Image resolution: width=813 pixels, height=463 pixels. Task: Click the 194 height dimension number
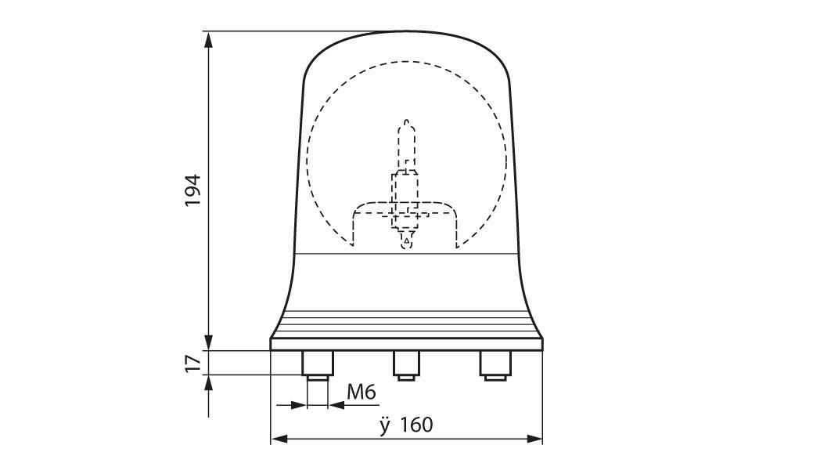pyautogui.click(x=193, y=190)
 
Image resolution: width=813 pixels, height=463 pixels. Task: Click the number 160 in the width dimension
pyautogui.click(x=415, y=425)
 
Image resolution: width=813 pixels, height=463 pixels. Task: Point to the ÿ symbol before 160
pyautogui.click(x=384, y=425)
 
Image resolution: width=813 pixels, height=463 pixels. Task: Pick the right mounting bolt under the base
pyautogui.click(x=495, y=366)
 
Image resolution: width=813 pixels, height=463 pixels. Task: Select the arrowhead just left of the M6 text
pyautogui.click(x=336, y=405)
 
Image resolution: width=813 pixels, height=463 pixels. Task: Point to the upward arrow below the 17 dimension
pyautogui.click(x=209, y=383)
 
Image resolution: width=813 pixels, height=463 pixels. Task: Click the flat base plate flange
pyautogui.click(x=405, y=343)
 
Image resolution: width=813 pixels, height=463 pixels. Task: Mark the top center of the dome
pyautogui.click(x=405, y=32)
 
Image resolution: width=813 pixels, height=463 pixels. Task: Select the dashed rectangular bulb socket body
pyautogui.click(x=405, y=192)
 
